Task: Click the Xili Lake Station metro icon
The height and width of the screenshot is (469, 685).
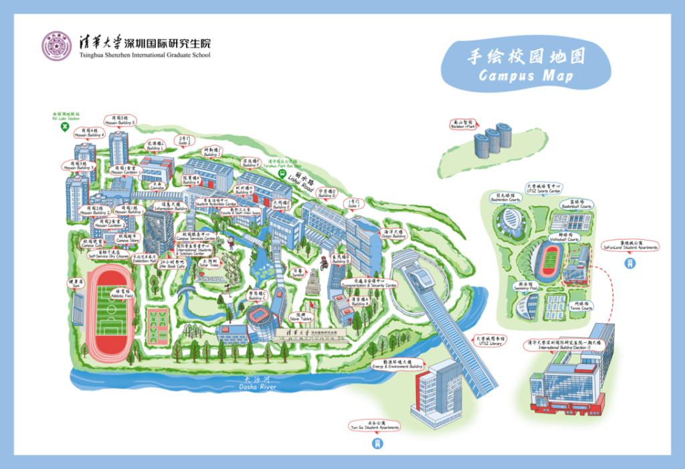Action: point(65,126)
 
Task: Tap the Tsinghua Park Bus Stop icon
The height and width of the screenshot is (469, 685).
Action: point(282,172)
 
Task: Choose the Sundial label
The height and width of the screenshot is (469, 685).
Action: point(296,273)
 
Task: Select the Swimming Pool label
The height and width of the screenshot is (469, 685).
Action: point(528,286)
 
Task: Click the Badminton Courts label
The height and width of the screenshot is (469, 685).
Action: point(505,198)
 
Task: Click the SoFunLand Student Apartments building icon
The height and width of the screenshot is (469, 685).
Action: point(627,263)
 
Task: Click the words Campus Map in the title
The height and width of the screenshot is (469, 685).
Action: point(526,75)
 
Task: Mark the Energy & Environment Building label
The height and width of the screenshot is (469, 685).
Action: point(398,365)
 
